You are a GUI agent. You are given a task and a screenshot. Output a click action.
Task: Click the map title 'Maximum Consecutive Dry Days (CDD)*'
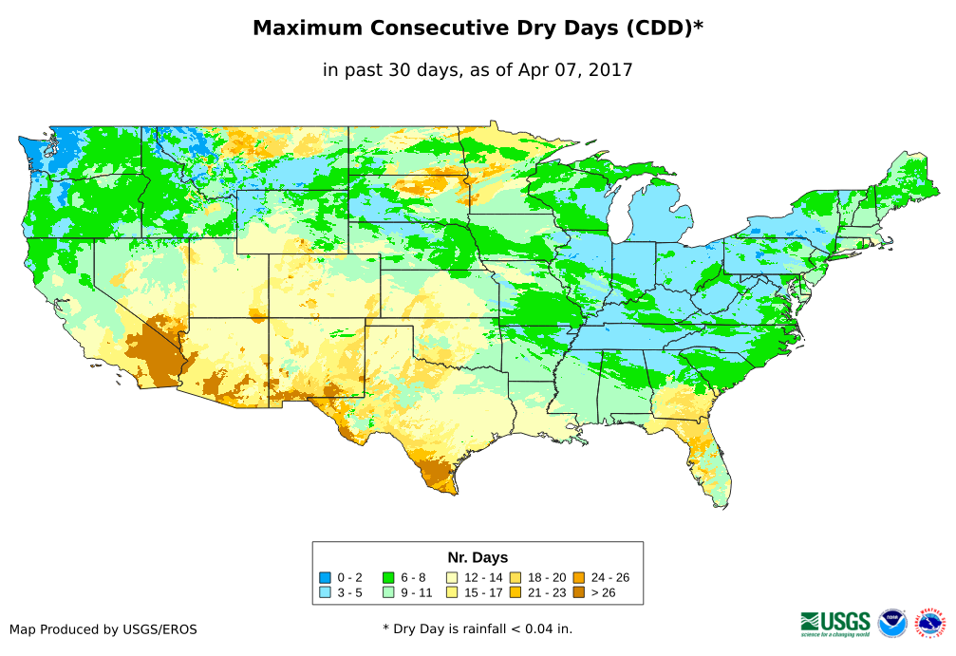point(478,28)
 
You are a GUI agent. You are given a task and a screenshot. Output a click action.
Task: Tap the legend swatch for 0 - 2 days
point(326,577)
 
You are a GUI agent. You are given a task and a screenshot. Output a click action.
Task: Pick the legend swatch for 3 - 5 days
point(326,592)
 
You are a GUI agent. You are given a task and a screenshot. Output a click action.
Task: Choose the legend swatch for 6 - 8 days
point(388,577)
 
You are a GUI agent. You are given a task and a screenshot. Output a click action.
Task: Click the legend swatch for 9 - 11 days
point(388,592)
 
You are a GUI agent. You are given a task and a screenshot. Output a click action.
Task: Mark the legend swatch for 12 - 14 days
point(452,577)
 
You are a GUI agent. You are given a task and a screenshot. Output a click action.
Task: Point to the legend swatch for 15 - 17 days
point(452,592)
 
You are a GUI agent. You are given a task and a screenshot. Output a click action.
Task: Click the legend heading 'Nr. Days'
point(478,557)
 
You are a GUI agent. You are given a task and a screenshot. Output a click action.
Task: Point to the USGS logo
point(835,623)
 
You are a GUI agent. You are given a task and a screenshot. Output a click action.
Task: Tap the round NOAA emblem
point(892,623)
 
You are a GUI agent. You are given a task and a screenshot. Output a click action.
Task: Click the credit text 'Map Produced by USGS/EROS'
point(103,629)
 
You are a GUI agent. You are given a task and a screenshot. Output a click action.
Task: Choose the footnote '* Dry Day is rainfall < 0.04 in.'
point(478,629)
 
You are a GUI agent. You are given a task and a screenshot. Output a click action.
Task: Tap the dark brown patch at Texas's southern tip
point(440,474)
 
